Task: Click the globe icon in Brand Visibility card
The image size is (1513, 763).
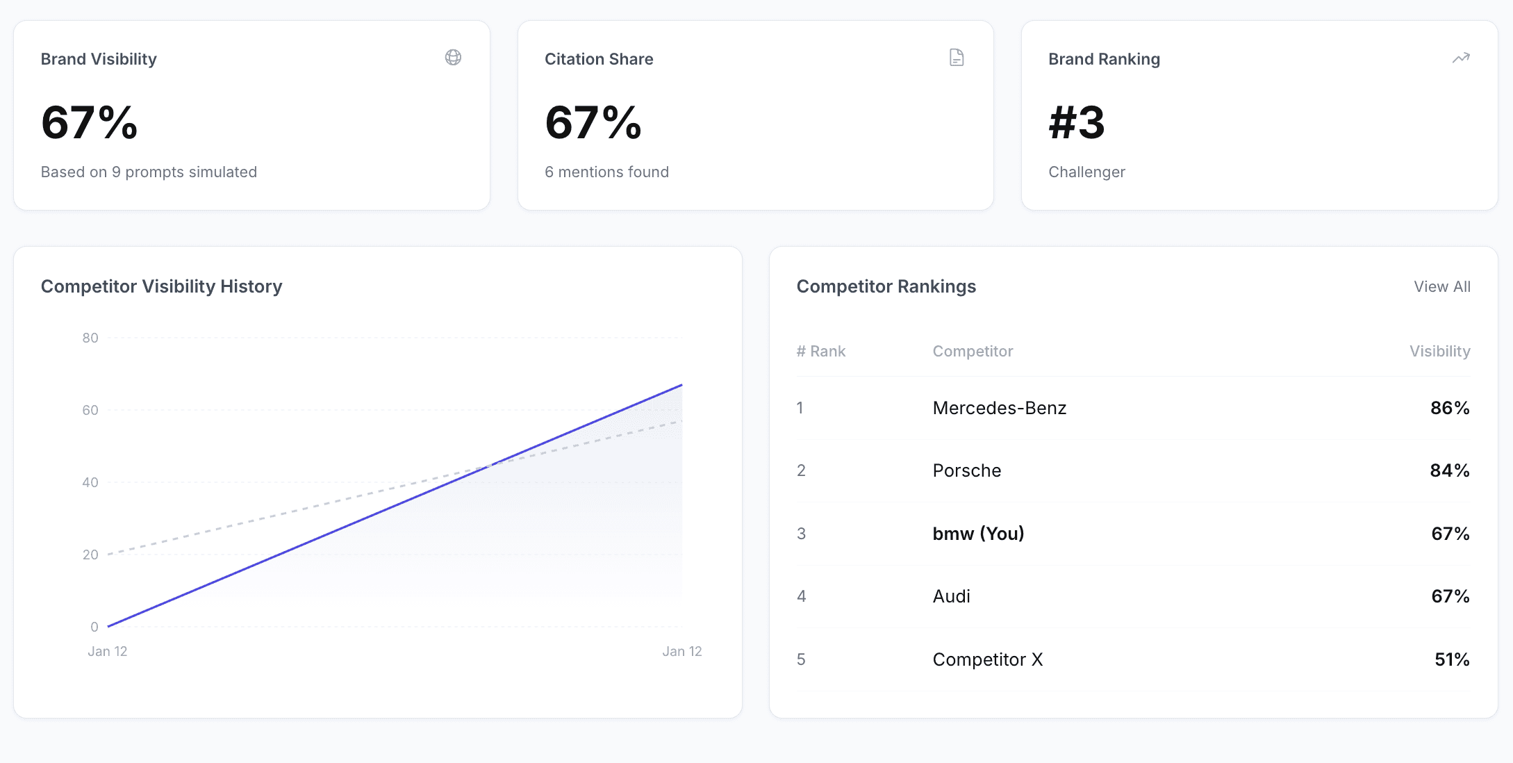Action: coord(453,58)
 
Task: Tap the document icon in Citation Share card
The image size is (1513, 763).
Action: coord(957,58)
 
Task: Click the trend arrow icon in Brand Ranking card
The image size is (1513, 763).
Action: coord(1460,58)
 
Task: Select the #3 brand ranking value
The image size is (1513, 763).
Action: coord(1076,123)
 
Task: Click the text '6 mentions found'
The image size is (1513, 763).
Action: coord(606,172)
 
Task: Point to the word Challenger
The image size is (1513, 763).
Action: coord(1086,172)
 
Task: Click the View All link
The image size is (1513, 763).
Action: coord(1441,286)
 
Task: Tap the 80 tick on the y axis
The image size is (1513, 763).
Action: coord(90,338)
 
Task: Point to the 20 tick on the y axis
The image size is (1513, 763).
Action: coord(90,555)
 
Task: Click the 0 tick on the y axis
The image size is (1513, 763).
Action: coord(94,627)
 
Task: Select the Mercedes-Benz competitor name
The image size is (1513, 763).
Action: coord(999,408)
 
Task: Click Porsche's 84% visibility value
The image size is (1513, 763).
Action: coord(1449,470)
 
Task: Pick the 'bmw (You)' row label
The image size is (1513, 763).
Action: coord(978,534)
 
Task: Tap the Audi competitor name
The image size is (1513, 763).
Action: coord(951,596)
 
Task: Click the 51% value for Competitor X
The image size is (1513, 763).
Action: coord(1451,659)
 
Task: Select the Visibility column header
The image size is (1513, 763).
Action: coord(1439,351)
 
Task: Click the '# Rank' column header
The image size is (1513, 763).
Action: coord(820,351)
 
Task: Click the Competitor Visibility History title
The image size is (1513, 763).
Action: coord(161,286)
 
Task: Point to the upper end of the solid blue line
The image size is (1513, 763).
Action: coord(681,385)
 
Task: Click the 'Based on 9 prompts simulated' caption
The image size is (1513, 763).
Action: coord(149,172)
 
